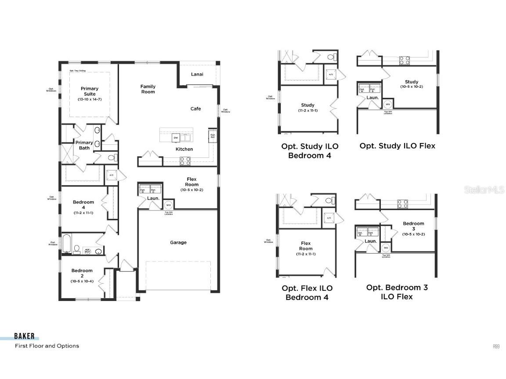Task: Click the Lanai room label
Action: tap(197, 74)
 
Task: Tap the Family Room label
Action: tap(148, 89)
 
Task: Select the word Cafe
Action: tap(195, 109)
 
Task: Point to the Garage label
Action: tap(178, 243)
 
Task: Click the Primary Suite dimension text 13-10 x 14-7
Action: tap(90, 100)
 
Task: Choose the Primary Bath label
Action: tap(84, 145)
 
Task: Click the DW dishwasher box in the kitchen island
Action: tap(176, 138)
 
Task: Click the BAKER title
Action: tap(24, 336)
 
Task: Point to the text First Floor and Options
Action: tap(47, 346)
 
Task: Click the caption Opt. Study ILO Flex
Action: tap(397, 146)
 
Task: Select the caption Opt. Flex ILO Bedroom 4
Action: tap(307, 293)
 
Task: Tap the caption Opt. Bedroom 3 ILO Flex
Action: tap(397, 292)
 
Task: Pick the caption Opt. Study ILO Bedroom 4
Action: tap(310, 150)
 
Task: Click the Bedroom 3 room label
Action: tap(413, 226)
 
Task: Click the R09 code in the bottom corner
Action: tap(496, 347)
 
